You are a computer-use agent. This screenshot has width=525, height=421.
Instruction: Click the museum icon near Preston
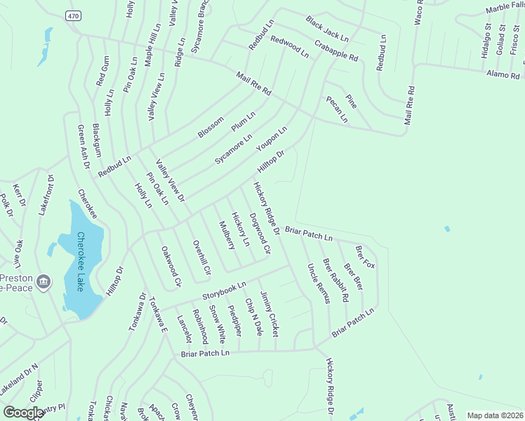tap(44, 281)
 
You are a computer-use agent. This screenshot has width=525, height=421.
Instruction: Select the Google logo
tap(24, 413)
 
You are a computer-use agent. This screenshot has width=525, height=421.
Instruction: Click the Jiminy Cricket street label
tap(269, 312)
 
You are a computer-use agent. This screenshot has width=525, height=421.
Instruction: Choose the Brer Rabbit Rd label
tap(335, 280)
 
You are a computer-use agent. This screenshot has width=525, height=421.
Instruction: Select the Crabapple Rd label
tap(336, 48)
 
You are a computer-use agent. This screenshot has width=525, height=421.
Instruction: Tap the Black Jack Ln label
tap(326, 27)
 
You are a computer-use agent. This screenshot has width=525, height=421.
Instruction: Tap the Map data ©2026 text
tap(494, 415)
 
